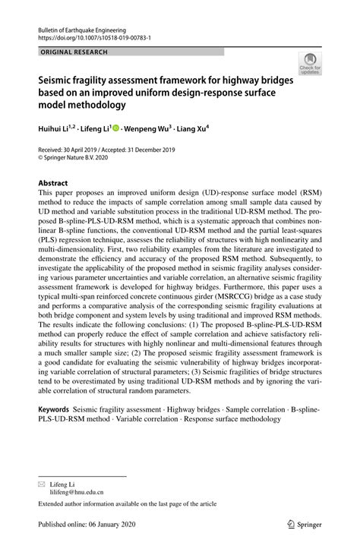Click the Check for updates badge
pos(310,64)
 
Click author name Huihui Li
pos(54,129)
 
